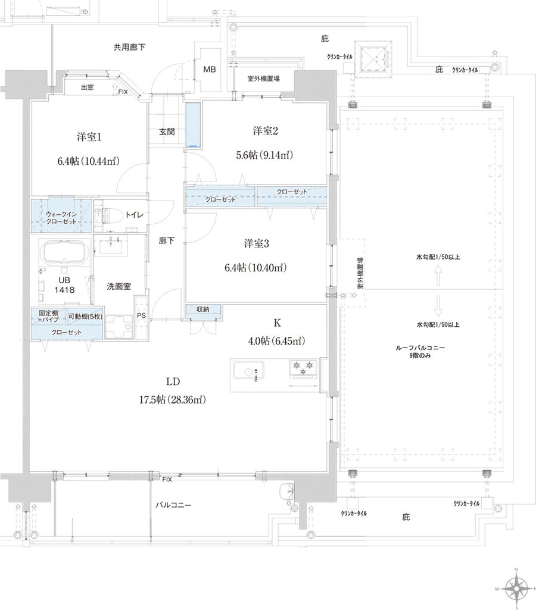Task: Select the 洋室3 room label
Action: tap(257, 243)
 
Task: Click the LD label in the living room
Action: tap(173, 381)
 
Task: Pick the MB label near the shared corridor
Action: tap(210, 70)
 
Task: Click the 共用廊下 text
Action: tap(130, 47)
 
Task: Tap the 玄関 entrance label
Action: tap(167, 132)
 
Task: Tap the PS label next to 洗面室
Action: tap(142, 315)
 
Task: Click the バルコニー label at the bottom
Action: tap(173, 504)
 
